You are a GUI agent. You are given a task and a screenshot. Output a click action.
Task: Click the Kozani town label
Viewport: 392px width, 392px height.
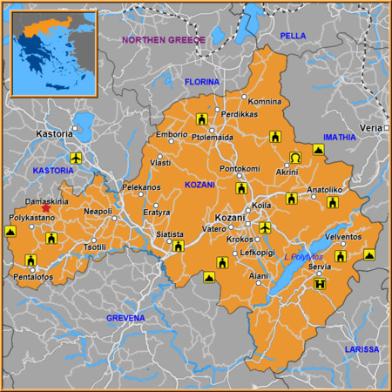click(x=229, y=217)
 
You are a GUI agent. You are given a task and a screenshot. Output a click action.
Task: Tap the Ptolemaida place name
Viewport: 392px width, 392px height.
click(x=210, y=138)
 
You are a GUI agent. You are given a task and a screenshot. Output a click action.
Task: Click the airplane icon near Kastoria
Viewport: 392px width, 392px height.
click(x=75, y=158)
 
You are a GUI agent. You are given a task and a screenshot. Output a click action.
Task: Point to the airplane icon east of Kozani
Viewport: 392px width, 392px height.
click(x=265, y=227)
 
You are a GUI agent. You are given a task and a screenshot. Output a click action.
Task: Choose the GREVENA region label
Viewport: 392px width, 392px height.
click(x=125, y=318)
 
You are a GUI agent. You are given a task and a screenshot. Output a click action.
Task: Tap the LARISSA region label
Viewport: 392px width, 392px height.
click(x=362, y=349)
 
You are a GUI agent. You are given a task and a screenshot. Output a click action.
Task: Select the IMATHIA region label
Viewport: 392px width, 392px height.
click(x=340, y=137)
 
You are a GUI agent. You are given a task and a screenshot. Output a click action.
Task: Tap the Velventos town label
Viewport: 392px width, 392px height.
click(x=341, y=236)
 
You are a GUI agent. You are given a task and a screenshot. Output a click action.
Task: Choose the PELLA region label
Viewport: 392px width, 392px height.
click(x=293, y=35)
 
